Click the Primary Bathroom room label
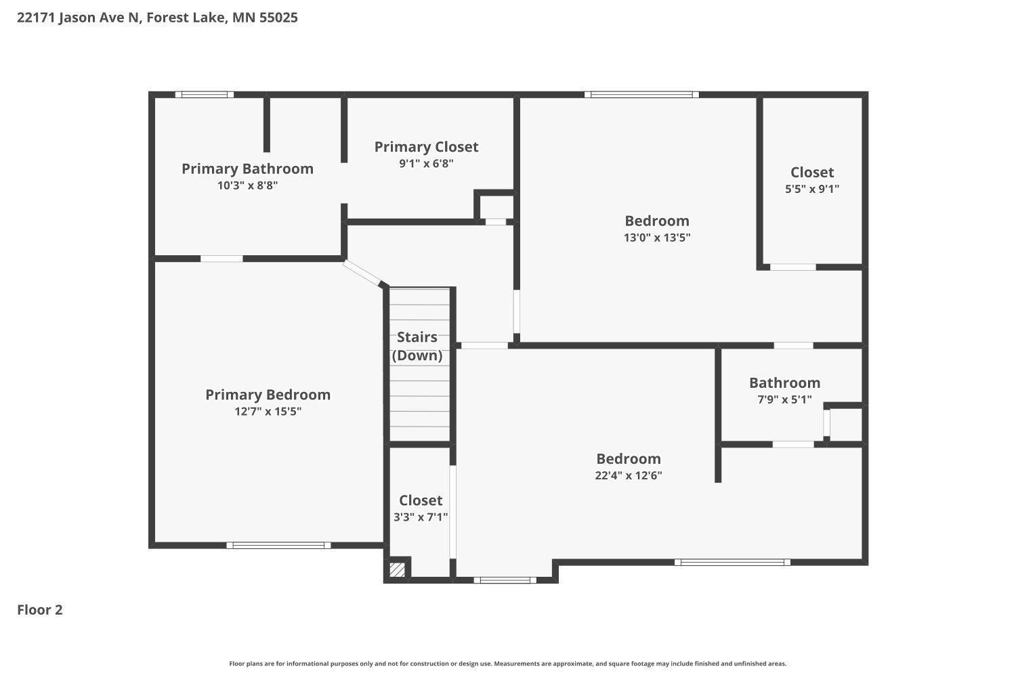tap(247, 169)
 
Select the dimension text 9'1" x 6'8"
tap(426, 163)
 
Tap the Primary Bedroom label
tap(268, 395)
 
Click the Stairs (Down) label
tap(417, 346)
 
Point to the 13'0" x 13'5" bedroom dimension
tap(657, 238)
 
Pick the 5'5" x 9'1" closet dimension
tap(812, 189)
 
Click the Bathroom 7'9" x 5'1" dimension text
tap(784, 399)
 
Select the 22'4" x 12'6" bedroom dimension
tap(629, 475)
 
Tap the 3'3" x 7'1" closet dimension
tap(421, 517)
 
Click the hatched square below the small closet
tap(398, 569)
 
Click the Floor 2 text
tap(40, 610)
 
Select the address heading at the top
tap(157, 18)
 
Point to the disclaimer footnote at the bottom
tap(508, 664)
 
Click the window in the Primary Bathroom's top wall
tap(205, 95)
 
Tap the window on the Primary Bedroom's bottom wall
tap(278, 545)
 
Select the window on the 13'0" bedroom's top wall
tap(641, 95)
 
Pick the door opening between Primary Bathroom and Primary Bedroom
tap(221, 259)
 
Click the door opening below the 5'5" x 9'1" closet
tap(793, 267)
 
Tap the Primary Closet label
tap(426, 147)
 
